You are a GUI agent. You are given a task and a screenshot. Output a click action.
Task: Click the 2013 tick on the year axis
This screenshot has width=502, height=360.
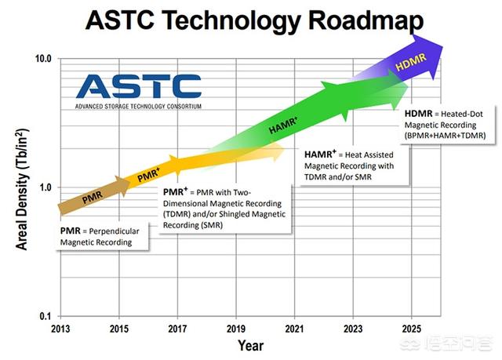click(60, 329)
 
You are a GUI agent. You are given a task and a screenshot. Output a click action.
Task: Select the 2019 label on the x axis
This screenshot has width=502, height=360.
click(236, 329)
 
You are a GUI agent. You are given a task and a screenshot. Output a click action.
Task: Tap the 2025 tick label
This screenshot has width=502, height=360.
click(411, 329)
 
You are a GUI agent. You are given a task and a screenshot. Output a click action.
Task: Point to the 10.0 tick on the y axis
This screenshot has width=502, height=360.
click(43, 59)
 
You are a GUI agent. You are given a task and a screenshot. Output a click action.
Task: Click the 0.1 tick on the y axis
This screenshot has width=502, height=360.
click(45, 316)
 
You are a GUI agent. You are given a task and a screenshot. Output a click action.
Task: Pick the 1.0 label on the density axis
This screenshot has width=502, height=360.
click(45, 187)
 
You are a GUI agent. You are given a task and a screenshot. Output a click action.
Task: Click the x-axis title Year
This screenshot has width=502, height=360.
click(251, 346)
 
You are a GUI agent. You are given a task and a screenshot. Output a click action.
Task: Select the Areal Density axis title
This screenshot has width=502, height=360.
click(22, 189)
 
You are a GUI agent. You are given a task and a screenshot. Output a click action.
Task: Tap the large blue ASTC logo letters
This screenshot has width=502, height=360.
click(139, 86)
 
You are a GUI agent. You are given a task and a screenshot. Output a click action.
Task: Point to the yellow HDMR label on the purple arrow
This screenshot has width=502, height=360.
click(411, 62)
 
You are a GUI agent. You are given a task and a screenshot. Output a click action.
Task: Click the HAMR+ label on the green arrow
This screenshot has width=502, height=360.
click(283, 125)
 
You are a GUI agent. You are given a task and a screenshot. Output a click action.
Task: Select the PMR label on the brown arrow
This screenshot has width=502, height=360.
click(93, 198)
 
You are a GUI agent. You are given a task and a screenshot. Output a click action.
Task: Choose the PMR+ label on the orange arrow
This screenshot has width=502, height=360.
click(148, 175)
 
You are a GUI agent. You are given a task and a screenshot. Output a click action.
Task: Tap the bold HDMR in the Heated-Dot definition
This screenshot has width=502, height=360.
click(418, 114)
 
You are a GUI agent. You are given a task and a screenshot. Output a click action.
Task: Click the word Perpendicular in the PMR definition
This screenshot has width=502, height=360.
click(114, 231)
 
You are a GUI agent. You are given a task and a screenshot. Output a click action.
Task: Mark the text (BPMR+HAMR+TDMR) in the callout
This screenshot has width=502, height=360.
click(445, 136)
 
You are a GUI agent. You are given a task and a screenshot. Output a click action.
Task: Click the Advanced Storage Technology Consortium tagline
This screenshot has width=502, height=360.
click(138, 106)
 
